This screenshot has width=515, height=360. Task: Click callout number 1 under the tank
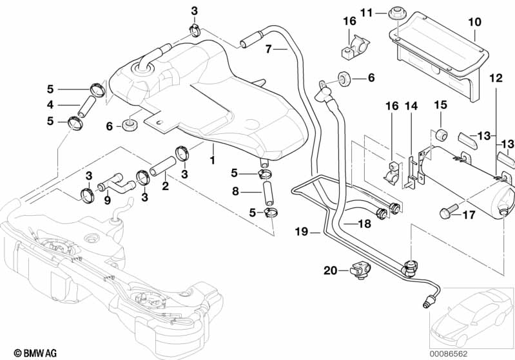212,156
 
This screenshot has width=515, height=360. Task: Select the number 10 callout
474,22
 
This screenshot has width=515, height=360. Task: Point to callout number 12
495,78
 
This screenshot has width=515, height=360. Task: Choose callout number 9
107,200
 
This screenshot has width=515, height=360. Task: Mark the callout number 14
411,105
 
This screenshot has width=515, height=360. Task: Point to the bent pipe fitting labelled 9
117,188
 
